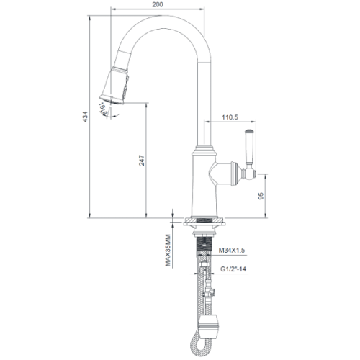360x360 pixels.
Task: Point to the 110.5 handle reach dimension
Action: [229, 117]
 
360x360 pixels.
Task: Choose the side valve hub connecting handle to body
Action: [227, 173]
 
